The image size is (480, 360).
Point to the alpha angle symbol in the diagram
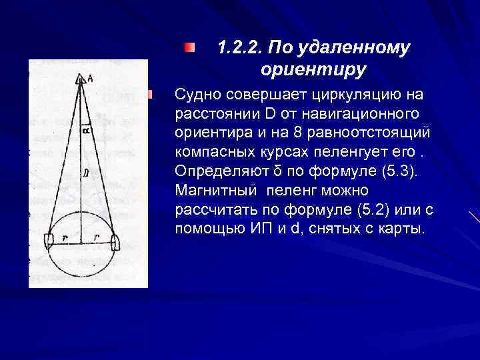point(85,131)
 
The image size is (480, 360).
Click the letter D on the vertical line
point(85,171)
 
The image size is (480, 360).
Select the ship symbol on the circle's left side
point(49,240)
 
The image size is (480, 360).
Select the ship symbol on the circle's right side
point(115,240)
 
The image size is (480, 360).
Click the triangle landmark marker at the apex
point(81,79)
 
